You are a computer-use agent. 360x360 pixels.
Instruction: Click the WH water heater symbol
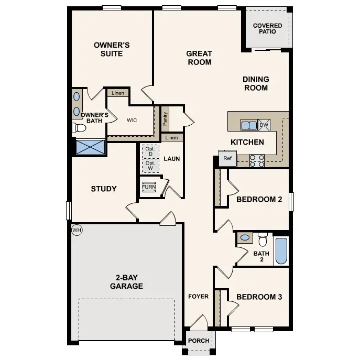point(77,230)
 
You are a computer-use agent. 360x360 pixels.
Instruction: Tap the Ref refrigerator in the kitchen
point(227,158)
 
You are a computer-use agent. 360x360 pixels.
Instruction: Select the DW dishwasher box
point(264,125)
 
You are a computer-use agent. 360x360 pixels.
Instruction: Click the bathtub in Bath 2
point(281,251)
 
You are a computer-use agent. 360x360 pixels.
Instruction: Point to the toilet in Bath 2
point(263,239)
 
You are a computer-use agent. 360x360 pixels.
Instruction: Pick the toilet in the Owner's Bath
point(80,128)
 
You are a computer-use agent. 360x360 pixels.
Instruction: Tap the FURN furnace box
point(148,187)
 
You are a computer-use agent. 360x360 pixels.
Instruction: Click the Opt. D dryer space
point(149,152)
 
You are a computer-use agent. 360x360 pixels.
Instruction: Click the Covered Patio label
point(267,28)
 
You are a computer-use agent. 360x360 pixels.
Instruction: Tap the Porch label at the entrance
point(199,341)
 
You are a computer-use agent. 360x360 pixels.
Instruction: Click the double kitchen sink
point(248,125)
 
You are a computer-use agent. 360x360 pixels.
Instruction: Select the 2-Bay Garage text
point(126,282)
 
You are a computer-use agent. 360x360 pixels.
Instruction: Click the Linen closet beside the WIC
point(117,93)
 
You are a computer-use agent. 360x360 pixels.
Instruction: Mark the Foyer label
point(199,297)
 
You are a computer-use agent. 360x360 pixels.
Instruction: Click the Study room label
point(104,189)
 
